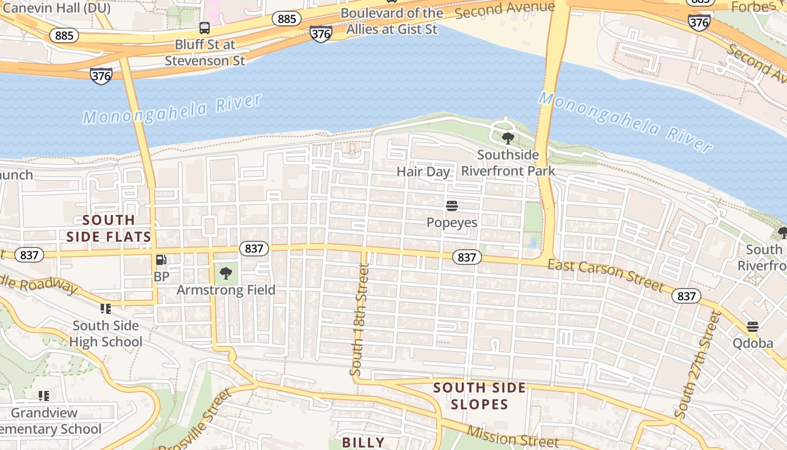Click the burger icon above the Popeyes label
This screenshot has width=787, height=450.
[451, 206]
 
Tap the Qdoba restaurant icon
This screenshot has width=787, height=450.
[753, 327]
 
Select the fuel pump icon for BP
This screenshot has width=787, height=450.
[161, 260]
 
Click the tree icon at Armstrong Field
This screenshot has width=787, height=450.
[226, 273]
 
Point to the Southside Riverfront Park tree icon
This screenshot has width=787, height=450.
[508, 138]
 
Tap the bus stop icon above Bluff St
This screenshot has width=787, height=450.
[205, 28]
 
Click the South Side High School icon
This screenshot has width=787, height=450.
[105, 308]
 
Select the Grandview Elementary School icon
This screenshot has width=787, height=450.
[44, 395]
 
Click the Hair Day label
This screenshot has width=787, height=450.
[423, 172]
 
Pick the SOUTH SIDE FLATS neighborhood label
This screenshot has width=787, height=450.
[109, 228]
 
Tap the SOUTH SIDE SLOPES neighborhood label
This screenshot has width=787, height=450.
[480, 396]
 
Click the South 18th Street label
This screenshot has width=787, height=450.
[359, 321]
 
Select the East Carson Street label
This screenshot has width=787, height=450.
[605, 274]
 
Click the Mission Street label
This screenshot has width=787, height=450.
[513, 438]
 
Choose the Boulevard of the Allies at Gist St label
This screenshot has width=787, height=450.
[392, 21]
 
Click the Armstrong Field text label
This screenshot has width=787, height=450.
[226, 290]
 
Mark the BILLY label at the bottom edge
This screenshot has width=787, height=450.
[363, 442]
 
